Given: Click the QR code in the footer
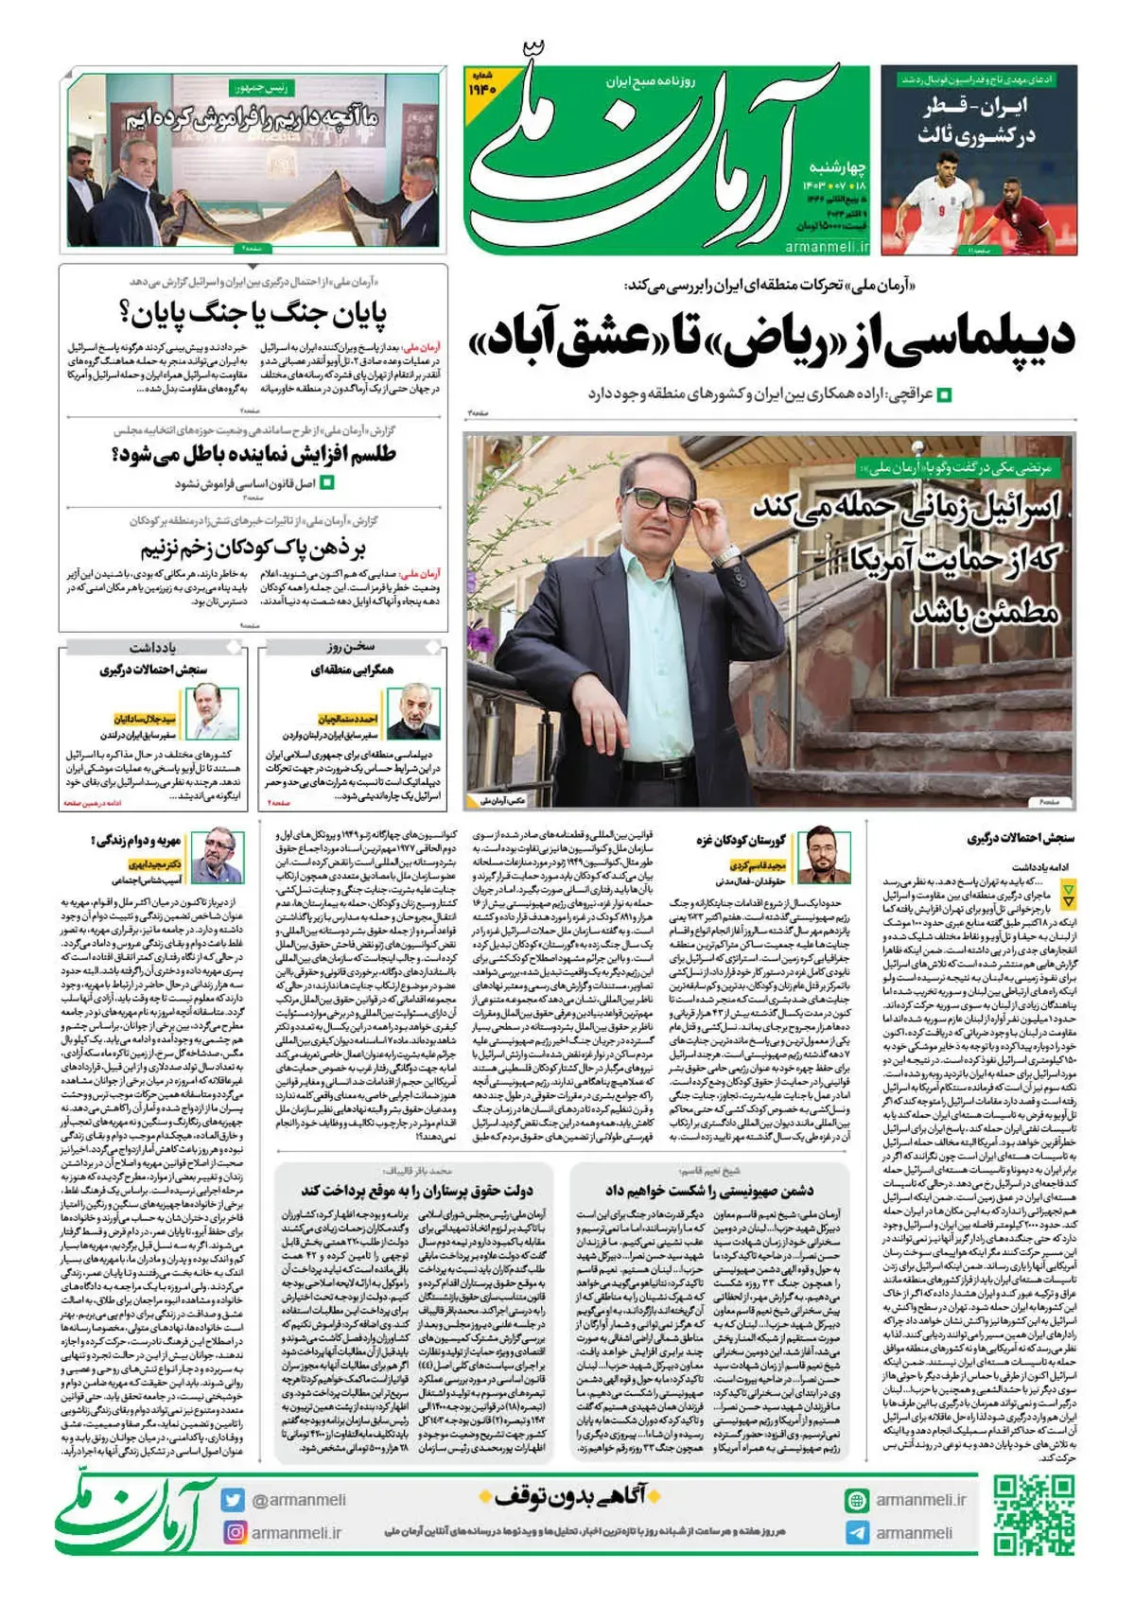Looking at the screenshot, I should tap(1034, 1515).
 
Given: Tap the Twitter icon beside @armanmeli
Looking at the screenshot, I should tap(233, 1500).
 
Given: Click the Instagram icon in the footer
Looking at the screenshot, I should tap(233, 1532).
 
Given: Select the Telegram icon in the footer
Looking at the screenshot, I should tap(857, 1533).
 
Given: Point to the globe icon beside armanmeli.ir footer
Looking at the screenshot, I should tap(857, 1500).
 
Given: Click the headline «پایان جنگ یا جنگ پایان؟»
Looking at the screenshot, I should tap(253, 314).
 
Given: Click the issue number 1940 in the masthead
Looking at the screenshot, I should tap(482, 88).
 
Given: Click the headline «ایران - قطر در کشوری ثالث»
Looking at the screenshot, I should tap(979, 121).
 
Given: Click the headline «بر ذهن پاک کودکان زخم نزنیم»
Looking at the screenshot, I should tap(253, 549).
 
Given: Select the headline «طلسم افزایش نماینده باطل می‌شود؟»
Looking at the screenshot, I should tap(253, 455).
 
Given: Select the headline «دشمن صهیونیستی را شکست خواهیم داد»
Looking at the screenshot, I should tap(709, 1190).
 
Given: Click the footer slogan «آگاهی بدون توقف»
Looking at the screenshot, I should tap(568, 1495).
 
